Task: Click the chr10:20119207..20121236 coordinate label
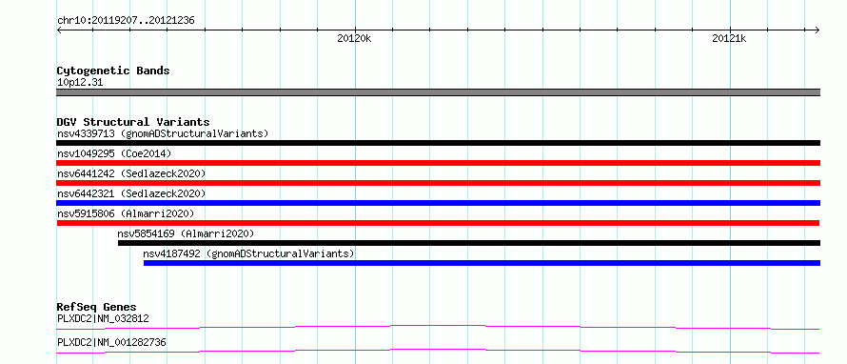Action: [126, 21]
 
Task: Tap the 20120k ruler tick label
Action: [354, 38]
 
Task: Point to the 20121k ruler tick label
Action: [729, 38]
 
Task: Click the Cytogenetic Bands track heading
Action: [113, 71]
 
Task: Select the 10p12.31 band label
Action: [80, 83]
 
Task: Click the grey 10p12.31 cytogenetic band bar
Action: [438, 92]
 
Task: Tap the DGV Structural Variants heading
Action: [133, 122]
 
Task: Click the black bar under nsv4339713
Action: [438, 143]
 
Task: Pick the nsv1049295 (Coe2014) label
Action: [114, 153]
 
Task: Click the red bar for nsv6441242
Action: [438, 183]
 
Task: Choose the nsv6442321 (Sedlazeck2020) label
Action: [131, 193]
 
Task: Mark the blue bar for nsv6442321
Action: [438, 203]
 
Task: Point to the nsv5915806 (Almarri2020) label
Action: [126, 213]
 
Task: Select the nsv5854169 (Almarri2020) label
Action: [186, 233]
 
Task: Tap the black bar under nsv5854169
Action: [469, 243]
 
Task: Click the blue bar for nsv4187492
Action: [482, 263]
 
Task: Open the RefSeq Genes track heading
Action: [96, 307]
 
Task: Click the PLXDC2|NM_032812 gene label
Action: [103, 318]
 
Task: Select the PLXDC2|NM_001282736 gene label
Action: [111, 342]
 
